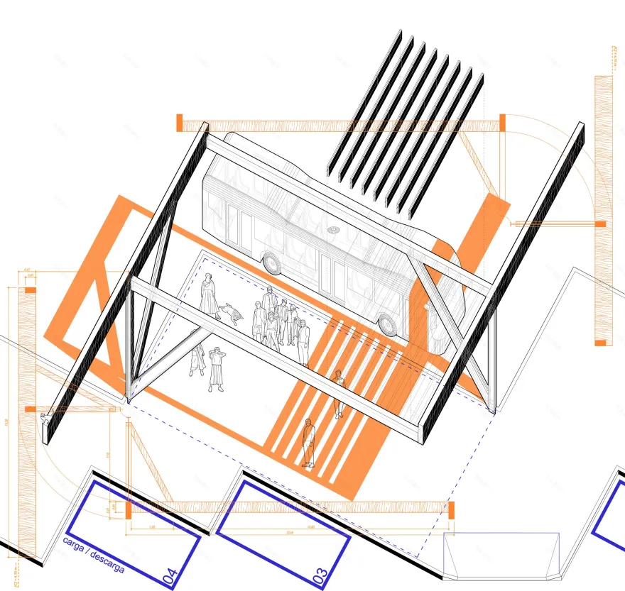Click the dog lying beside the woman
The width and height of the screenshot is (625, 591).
point(230,310)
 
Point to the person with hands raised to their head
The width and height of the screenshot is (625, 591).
point(216,368)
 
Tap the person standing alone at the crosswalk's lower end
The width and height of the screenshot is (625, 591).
point(308,443)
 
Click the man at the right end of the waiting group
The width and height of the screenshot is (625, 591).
point(303,342)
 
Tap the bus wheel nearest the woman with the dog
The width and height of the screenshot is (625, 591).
point(271,263)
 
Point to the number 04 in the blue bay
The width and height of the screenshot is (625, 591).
point(170,575)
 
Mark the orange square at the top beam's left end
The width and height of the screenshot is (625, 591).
point(180,122)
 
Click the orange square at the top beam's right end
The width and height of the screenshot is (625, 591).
point(502,122)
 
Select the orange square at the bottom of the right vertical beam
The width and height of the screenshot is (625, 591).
point(601,343)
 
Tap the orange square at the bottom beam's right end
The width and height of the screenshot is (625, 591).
point(450,509)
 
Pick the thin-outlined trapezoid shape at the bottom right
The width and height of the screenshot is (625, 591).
point(501,555)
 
